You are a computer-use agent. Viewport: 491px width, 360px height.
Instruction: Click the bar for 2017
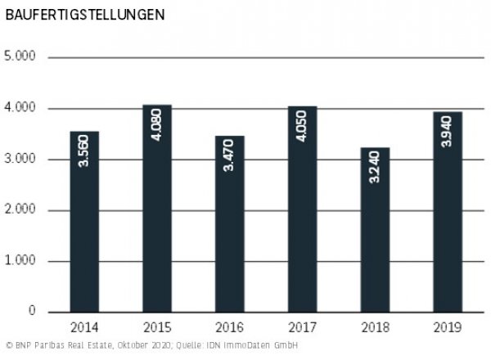(303, 209)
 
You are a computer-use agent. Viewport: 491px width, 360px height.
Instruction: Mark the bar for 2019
(447, 212)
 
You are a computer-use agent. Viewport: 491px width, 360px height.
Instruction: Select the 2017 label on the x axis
(303, 328)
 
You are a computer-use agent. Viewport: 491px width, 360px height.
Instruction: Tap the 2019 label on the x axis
(447, 328)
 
